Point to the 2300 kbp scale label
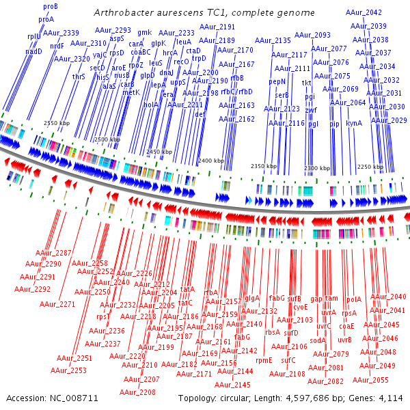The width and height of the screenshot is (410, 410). [317, 167]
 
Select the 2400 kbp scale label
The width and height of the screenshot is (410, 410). [210, 161]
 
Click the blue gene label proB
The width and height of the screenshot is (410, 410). [51, 6]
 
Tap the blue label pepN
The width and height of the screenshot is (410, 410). [277, 81]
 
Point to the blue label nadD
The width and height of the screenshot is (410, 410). [34, 51]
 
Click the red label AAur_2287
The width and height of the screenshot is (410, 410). [54, 254]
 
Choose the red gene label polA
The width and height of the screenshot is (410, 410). [354, 299]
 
